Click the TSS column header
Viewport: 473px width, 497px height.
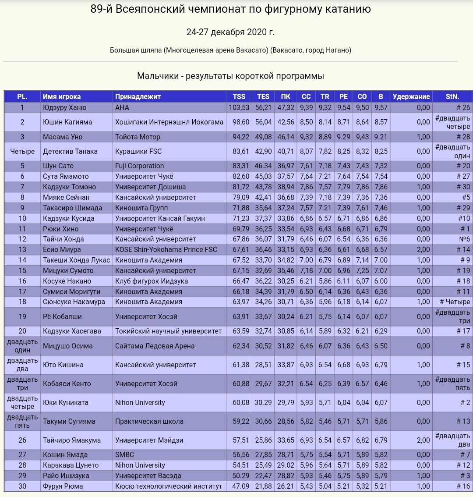(239, 97)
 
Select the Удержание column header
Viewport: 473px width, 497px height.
(411, 97)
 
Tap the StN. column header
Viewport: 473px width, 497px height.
(452, 97)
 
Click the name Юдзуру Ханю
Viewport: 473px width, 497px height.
(65, 107)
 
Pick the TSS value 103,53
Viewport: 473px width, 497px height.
(239, 107)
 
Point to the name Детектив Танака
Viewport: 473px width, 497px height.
(70, 152)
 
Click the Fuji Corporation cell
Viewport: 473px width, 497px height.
(139, 166)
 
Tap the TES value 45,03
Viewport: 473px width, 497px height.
(263, 177)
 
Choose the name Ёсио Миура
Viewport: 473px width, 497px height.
(62, 250)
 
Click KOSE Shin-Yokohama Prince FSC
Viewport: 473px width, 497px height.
(166, 250)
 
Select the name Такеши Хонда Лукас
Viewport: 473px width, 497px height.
(77, 260)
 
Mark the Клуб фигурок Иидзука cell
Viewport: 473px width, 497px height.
(152, 281)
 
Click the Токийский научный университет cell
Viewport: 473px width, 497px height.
(168, 331)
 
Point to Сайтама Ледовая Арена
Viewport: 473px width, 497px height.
(155, 346)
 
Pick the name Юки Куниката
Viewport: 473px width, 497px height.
(66, 403)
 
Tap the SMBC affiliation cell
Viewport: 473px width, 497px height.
(124, 455)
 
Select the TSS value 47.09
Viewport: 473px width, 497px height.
(239, 486)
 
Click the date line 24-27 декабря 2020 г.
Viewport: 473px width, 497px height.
(230, 32)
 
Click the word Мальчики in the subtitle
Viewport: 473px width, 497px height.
(157, 76)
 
